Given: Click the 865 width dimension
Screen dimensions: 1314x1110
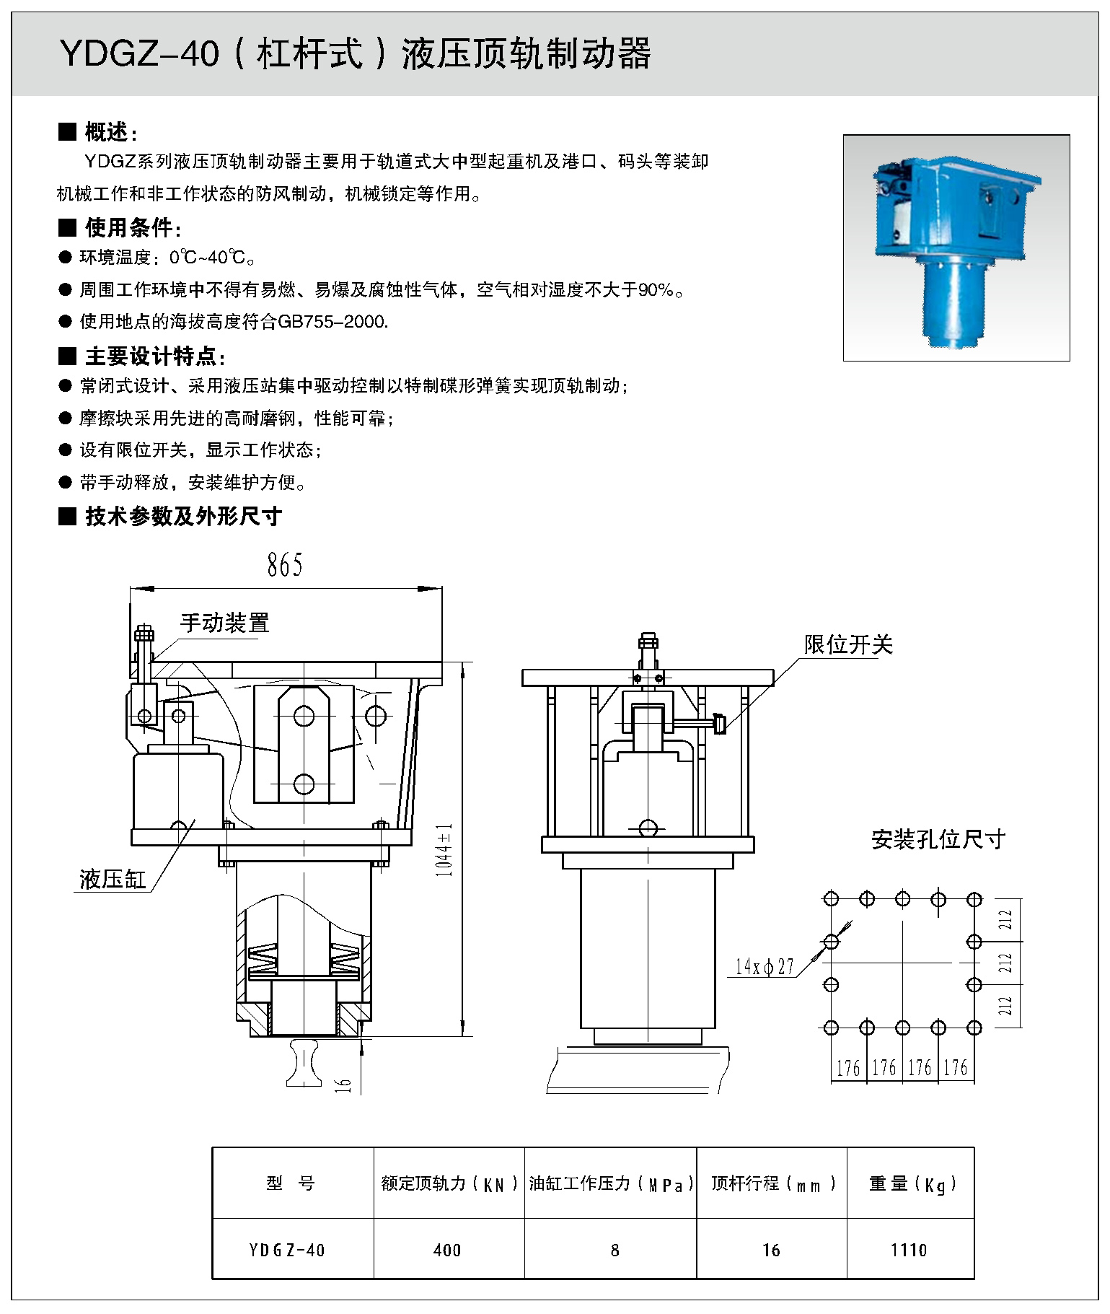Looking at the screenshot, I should pos(285,565).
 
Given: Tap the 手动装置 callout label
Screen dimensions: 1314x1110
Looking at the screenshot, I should pos(224,623).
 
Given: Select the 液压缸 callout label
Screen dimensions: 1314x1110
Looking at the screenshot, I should pos(113,879).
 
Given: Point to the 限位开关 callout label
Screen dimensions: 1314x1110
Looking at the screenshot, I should pos(848,644).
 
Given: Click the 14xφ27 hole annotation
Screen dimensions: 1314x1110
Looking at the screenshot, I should pos(764,966).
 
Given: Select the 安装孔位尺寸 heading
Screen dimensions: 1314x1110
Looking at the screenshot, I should pos(938,839).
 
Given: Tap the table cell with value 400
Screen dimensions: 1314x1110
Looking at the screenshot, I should pos(447,1250).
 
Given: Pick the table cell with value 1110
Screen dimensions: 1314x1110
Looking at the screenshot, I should pos(909,1250).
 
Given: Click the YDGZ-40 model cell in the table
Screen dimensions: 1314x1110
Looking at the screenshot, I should pos(287,1250).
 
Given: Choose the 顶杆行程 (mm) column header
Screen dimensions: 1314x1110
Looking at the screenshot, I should pos(772,1184).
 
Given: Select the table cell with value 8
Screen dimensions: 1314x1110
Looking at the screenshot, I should pos(615,1250).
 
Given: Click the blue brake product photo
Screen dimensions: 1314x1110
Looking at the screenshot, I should pos(956,248).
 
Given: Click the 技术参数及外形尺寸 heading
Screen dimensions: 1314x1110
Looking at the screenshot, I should pos(182,516).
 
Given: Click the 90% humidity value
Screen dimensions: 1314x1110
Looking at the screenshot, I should pos(656,290).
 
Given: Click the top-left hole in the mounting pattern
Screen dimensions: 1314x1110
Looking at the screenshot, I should pos(831,899).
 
